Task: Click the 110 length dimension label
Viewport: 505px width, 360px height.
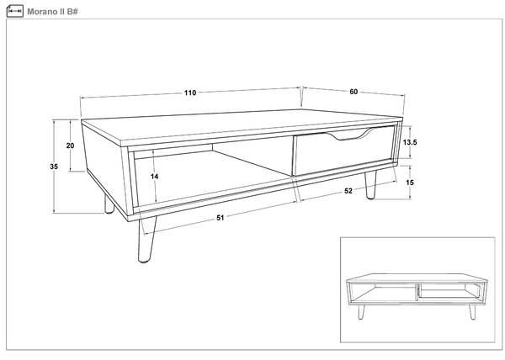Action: click(190, 93)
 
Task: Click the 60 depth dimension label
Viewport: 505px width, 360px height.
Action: click(353, 92)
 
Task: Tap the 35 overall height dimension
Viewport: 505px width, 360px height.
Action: click(54, 167)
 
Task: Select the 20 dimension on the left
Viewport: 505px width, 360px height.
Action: click(70, 146)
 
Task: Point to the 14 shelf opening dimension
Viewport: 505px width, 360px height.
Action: click(155, 177)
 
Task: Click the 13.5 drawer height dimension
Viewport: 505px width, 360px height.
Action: click(410, 142)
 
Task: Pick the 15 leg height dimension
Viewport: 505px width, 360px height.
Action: click(410, 183)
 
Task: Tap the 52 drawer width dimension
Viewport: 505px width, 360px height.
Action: click(348, 191)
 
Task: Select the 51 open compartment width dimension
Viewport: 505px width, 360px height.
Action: click(221, 218)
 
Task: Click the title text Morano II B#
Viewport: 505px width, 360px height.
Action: click(52, 12)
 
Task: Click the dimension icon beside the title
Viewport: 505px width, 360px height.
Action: click(15, 11)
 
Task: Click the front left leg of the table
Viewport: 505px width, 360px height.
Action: click(146, 239)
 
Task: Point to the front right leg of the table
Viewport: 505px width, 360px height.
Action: click(370, 186)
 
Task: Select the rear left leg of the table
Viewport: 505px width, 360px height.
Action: click(109, 204)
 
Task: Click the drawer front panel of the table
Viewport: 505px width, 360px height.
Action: click(344, 151)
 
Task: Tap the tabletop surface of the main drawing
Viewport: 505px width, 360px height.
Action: click(242, 125)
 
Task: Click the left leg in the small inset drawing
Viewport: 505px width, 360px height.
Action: click(361, 312)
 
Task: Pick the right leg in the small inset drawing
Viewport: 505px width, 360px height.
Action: click(472, 312)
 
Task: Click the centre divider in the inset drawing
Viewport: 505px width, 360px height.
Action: click(417, 292)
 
